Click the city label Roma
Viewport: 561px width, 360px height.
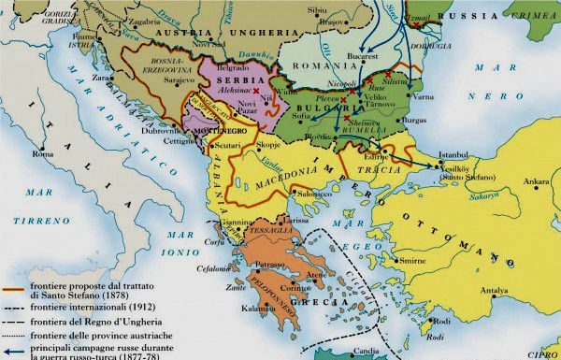(x=43, y=153)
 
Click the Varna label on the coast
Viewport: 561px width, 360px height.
(x=424, y=94)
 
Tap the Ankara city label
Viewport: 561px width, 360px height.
(x=537, y=181)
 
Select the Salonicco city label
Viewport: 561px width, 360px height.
(x=317, y=194)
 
